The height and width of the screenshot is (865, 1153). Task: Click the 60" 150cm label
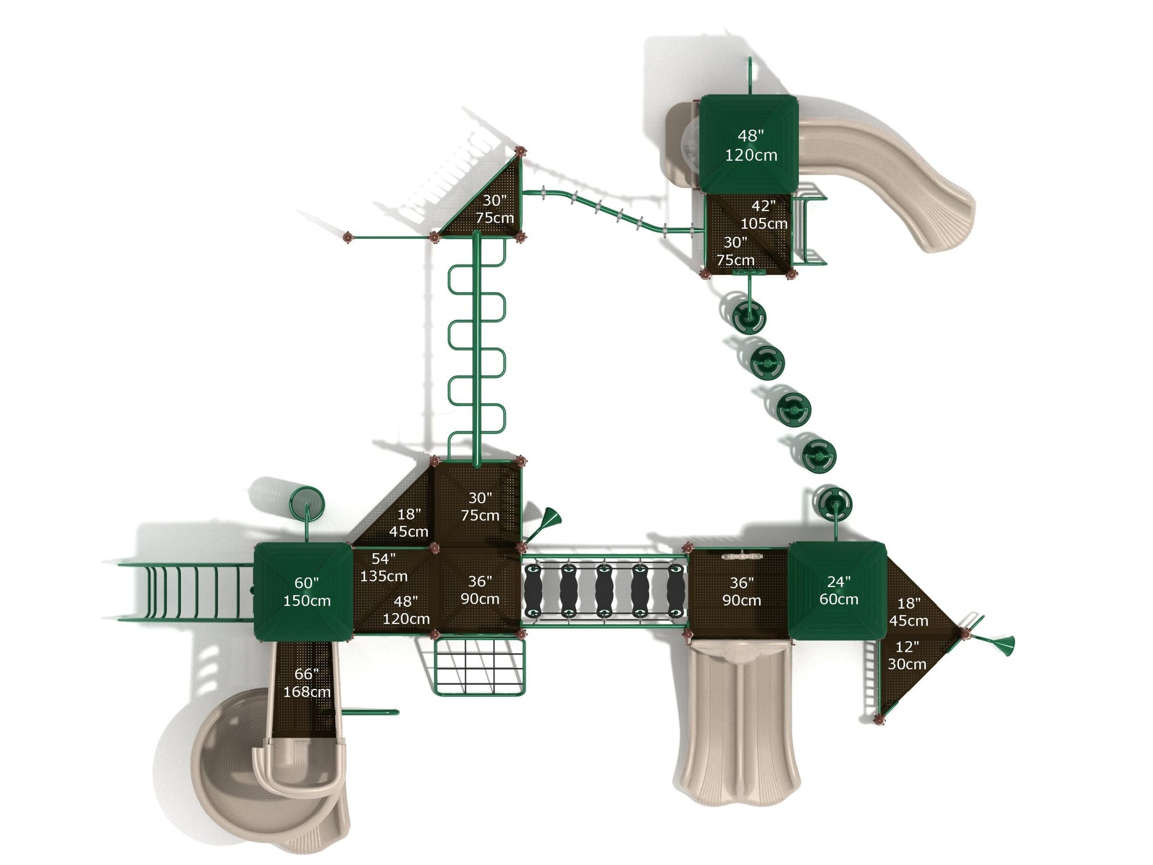(x=306, y=592)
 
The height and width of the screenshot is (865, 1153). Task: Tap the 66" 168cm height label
(x=306, y=683)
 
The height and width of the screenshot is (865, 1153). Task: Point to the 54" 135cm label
(x=383, y=567)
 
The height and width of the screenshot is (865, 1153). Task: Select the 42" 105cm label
(x=764, y=214)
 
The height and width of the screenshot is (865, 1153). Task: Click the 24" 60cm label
(x=838, y=591)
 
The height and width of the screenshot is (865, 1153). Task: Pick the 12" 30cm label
(x=907, y=655)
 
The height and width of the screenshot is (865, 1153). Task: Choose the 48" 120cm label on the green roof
(x=750, y=145)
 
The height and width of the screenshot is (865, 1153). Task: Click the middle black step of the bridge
(x=604, y=590)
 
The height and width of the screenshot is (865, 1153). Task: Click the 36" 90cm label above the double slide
(x=741, y=592)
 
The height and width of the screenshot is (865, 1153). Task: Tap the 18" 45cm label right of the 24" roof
(x=908, y=612)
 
